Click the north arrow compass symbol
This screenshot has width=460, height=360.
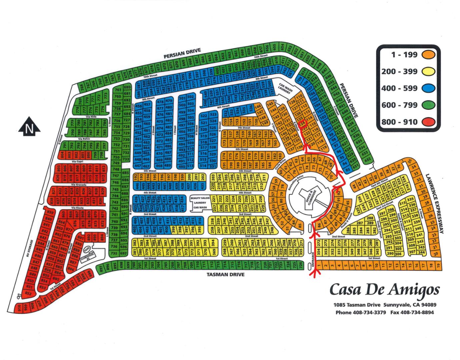29,127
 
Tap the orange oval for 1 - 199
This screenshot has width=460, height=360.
428,55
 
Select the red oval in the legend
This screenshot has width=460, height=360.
428,122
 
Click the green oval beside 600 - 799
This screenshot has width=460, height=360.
428,105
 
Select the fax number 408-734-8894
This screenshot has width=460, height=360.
418,312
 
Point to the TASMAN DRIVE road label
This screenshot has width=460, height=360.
226,275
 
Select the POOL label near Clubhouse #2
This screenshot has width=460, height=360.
88,249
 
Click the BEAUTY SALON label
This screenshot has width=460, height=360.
200,198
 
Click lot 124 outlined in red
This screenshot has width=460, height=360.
303,123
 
